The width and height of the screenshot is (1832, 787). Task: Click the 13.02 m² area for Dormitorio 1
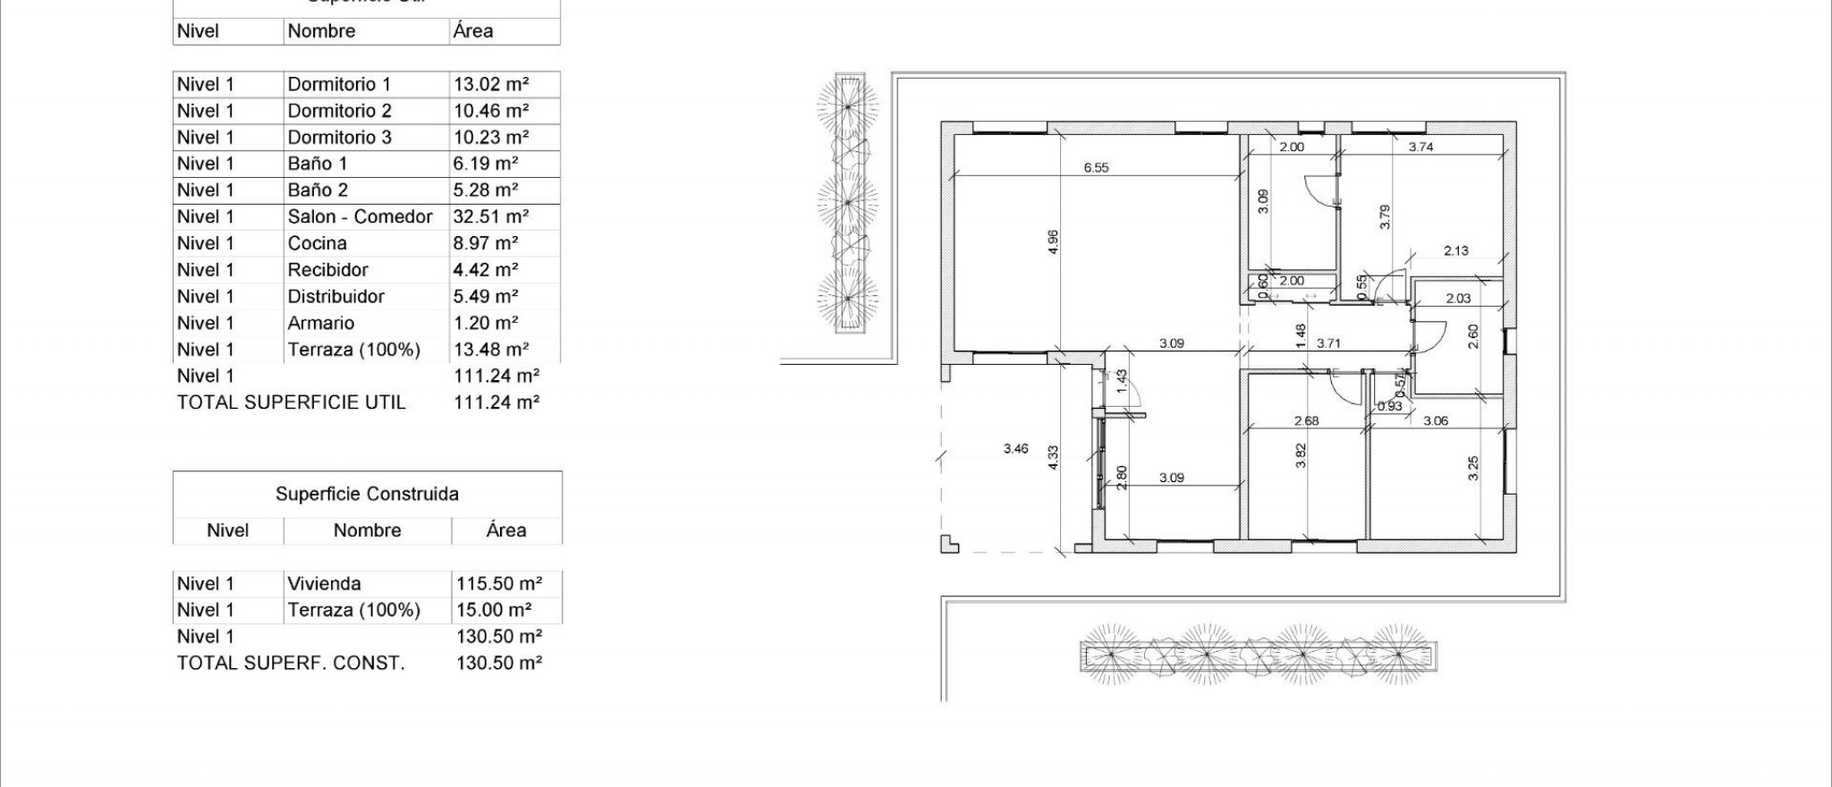[x=491, y=84]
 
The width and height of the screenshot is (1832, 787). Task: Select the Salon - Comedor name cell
[x=360, y=216]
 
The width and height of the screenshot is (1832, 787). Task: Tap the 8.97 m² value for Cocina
[x=486, y=243]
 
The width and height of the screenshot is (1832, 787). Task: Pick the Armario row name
[x=320, y=323]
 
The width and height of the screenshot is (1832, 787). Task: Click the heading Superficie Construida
[x=367, y=494]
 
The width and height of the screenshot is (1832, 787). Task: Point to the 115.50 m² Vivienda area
[x=498, y=584]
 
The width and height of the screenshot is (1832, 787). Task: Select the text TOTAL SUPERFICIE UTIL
[x=291, y=402]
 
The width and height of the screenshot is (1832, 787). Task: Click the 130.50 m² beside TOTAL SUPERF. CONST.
[x=498, y=663]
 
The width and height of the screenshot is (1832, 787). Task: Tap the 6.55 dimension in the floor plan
[x=1096, y=167]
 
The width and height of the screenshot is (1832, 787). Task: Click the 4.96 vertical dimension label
[x=1053, y=242]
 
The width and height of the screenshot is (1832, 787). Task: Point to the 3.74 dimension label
[x=1421, y=147]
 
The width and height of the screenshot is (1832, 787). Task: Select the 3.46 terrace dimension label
[x=1015, y=449]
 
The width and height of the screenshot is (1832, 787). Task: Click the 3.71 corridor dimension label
[x=1328, y=343]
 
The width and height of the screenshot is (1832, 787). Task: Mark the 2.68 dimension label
[x=1306, y=420]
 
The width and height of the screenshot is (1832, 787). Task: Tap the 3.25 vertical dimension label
[x=1473, y=468]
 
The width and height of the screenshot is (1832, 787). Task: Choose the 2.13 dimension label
[x=1455, y=250]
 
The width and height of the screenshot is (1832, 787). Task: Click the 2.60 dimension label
[x=1473, y=336]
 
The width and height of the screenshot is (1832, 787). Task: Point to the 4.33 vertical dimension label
[x=1053, y=458]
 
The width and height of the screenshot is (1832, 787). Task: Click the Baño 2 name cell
[x=318, y=190]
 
